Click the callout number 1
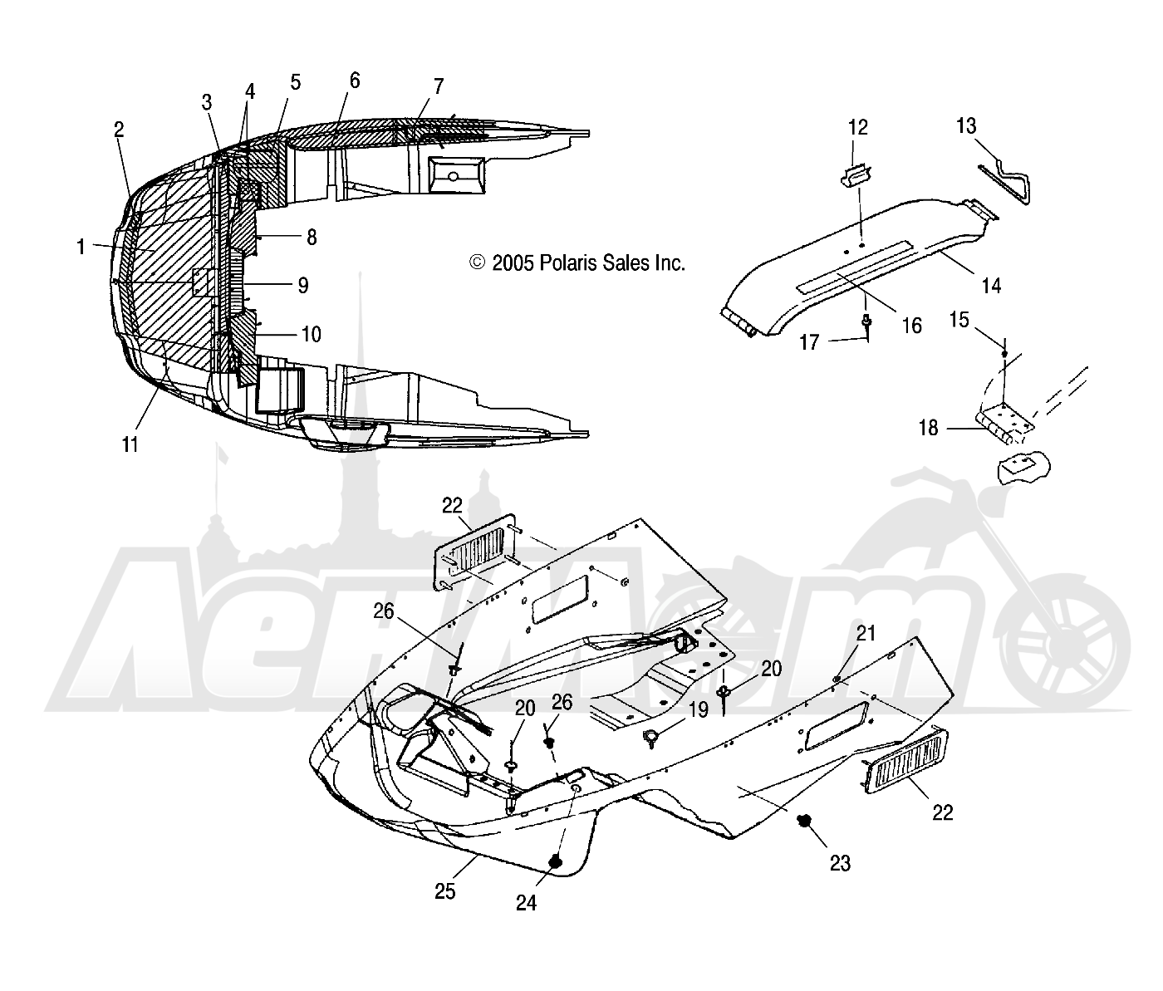[x=81, y=247]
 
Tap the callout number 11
[x=130, y=445]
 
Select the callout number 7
[x=439, y=86]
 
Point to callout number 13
[x=966, y=126]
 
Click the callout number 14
[x=991, y=286]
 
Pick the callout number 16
[x=912, y=326]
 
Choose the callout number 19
[x=699, y=709]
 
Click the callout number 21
[x=866, y=634]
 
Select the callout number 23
[x=840, y=863]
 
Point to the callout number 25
[x=445, y=891]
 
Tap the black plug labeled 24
[x=556, y=861]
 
